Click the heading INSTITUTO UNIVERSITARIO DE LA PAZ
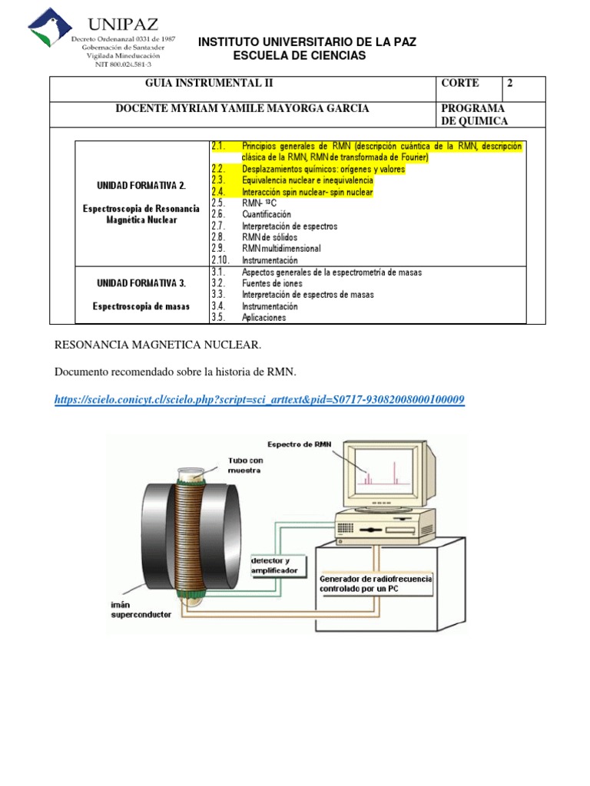click(x=307, y=41)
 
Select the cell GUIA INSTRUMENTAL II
click(x=209, y=83)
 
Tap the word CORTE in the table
click(x=460, y=83)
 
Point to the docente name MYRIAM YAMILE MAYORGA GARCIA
click(x=242, y=108)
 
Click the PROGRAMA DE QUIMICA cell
click(x=474, y=115)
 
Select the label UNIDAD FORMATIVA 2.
click(x=141, y=185)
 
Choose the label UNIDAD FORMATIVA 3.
click(x=141, y=282)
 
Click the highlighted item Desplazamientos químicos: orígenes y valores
click(x=323, y=169)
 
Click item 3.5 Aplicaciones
click(x=264, y=317)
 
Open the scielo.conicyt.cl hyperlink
click(x=260, y=400)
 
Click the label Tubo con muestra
click(x=245, y=464)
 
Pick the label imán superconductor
click(x=140, y=610)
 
